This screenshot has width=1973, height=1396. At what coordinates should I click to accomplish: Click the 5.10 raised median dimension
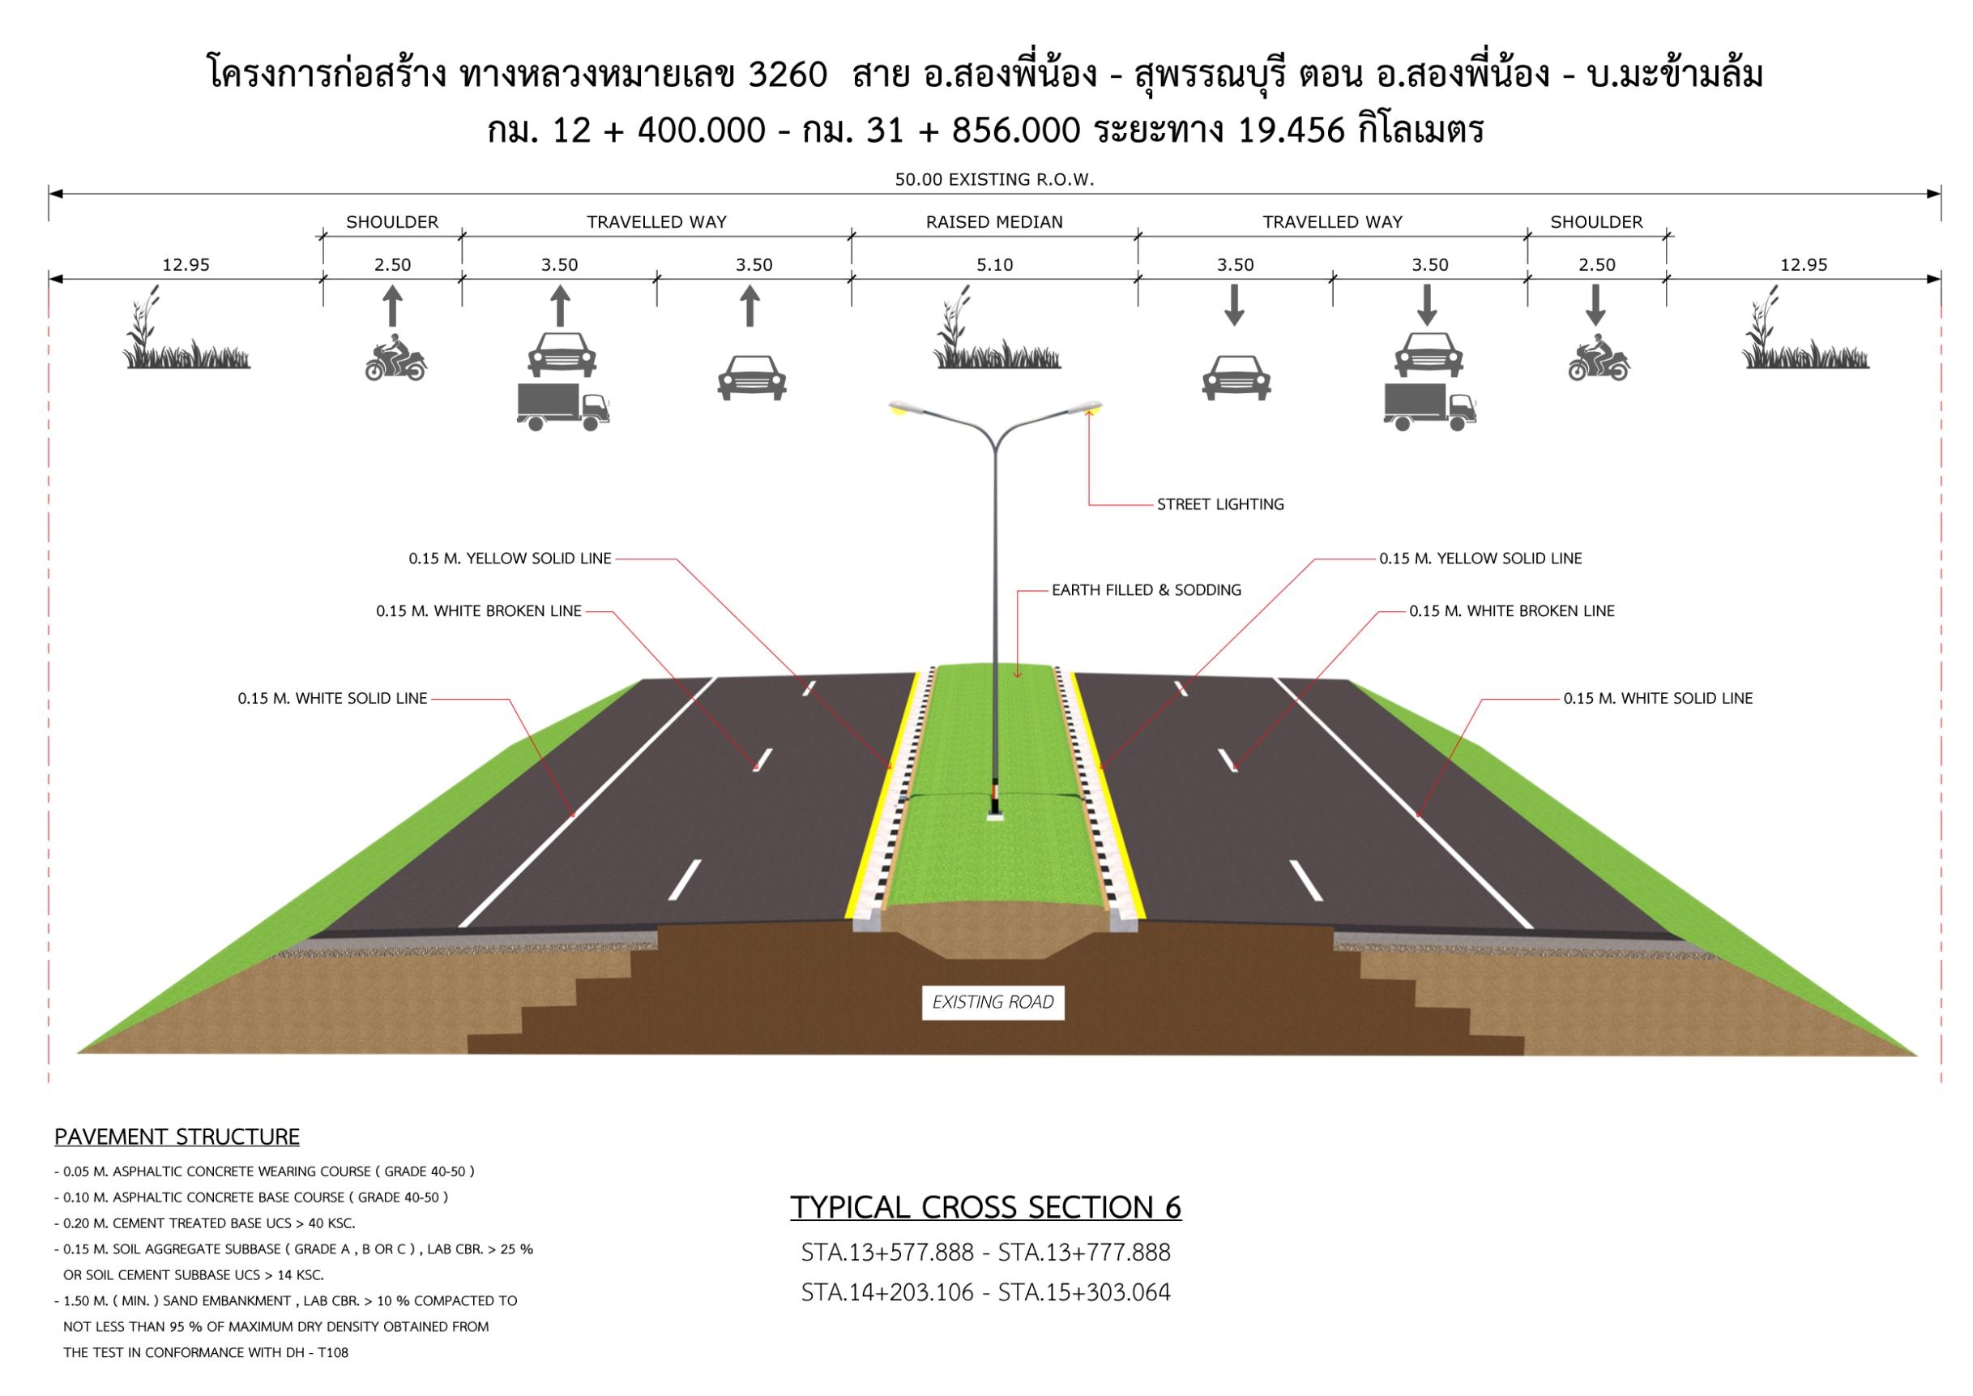click(994, 265)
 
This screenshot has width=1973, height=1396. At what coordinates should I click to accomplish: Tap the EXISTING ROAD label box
click(993, 1002)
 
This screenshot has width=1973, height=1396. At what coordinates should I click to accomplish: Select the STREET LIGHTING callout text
click(1220, 504)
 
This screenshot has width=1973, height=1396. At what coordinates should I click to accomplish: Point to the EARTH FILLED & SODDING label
click(1147, 590)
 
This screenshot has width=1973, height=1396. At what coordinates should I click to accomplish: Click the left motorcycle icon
click(395, 357)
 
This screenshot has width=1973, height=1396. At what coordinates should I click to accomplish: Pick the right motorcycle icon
click(1599, 357)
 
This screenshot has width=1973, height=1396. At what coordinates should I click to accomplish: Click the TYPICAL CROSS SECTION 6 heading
click(985, 1208)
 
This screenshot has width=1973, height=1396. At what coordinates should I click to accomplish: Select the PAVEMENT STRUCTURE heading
click(177, 1137)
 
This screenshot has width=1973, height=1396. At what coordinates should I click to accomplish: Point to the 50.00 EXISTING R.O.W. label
click(994, 180)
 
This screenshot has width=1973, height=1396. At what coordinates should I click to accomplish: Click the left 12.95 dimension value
click(186, 265)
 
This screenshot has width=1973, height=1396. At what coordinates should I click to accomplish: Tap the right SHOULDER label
click(1595, 222)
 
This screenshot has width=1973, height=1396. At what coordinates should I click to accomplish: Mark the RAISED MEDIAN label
click(994, 222)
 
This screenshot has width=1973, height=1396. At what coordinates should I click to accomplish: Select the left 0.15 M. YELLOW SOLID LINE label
click(510, 559)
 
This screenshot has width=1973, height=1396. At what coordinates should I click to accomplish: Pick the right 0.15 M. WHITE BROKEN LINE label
click(1511, 611)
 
